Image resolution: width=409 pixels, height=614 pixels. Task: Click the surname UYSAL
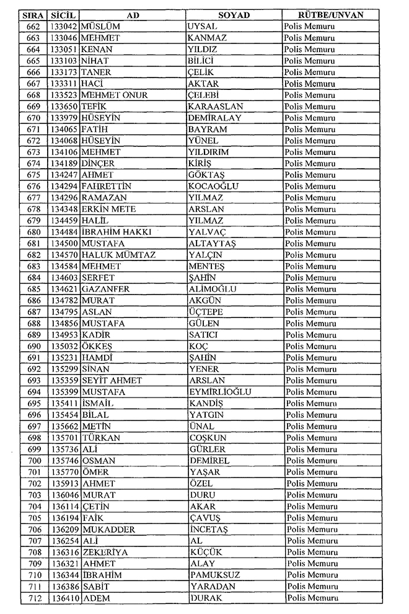pos(202,27)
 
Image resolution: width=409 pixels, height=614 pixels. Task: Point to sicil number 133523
pos(64,95)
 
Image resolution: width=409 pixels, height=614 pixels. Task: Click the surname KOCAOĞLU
pos(213,186)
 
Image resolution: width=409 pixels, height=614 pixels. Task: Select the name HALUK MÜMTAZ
pos(118,255)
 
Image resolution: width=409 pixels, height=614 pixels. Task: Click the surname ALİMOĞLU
pos(212,289)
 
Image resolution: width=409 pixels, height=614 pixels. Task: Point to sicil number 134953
pos(64,335)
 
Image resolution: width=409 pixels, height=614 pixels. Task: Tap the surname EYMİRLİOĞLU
pos(219,392)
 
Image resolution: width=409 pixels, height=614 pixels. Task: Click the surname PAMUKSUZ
pos(213,575)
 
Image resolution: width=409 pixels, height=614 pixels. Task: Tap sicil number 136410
pos(64,598)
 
